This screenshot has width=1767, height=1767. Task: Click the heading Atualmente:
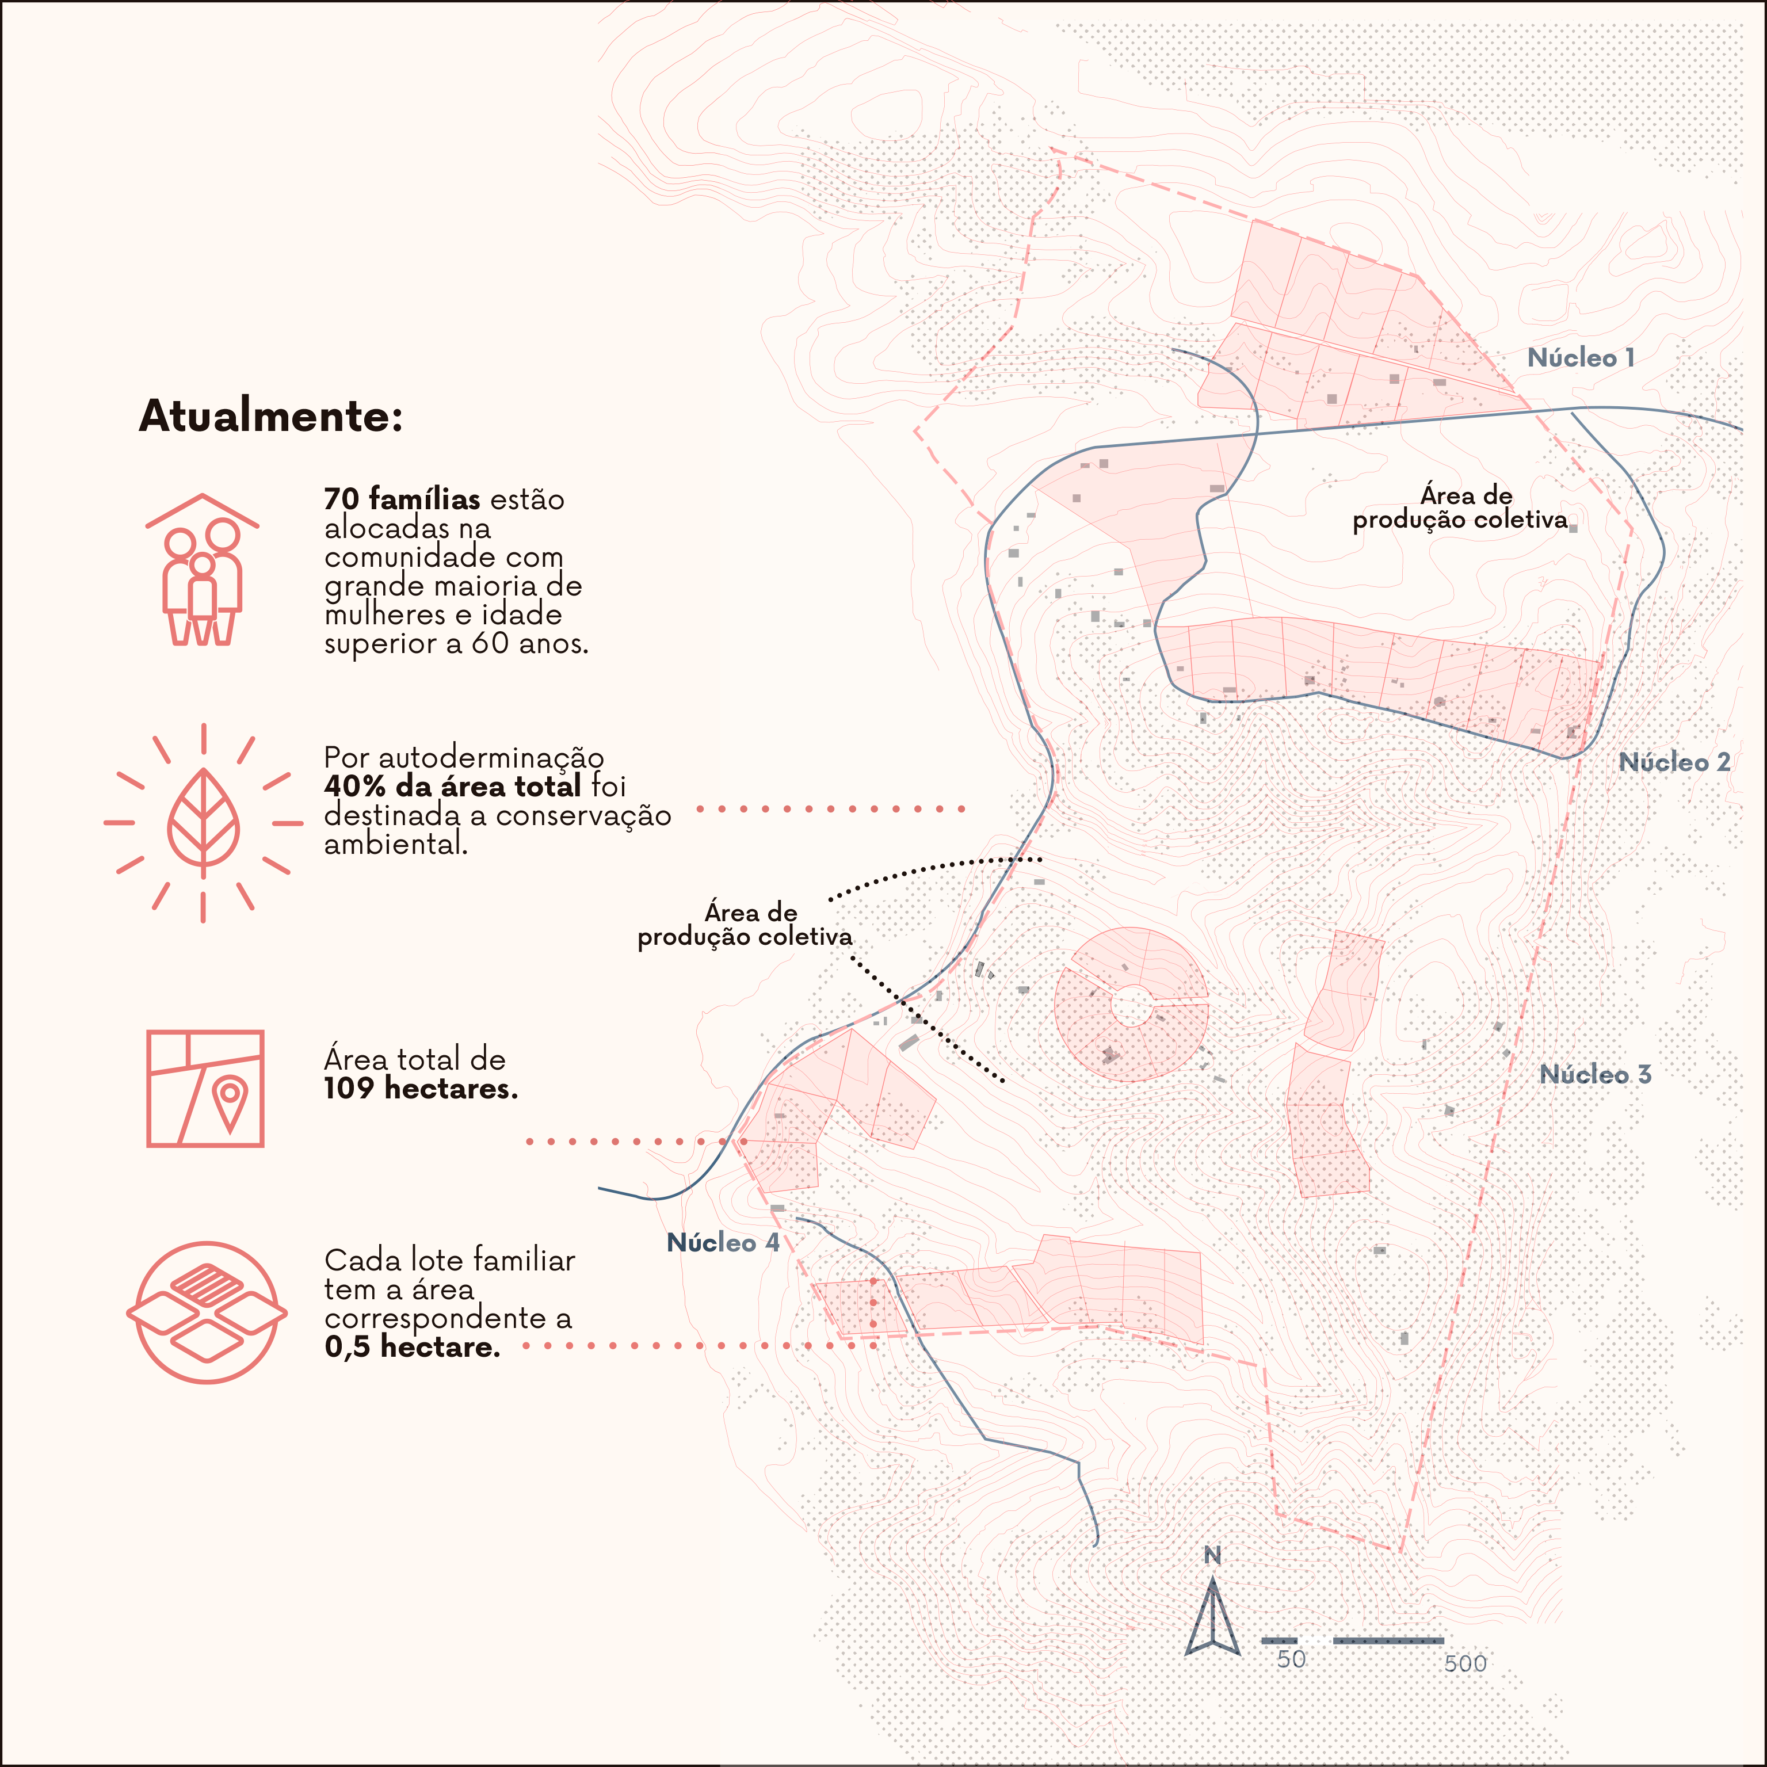(271, 416)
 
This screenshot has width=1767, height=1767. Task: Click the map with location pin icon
(205, 1089)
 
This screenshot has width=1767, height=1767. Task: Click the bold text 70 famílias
(402, 499)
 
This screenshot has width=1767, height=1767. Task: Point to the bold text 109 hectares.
(421, 1089)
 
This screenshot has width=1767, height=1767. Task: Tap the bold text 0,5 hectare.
(413, 1346)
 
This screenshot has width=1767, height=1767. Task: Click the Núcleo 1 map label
(1581, 358)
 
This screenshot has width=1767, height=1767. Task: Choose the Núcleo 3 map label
(1595, 1075)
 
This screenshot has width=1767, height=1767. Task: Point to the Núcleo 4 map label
(723, 1242)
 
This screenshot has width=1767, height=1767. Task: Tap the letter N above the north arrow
(1212, 1555)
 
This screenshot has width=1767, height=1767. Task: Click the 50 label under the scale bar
(1291, 1659)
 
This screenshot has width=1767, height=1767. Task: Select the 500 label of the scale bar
(1465, 1663)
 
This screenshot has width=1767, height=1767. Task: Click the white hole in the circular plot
(1131, 1006)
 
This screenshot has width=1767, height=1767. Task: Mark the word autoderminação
(490, 757)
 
